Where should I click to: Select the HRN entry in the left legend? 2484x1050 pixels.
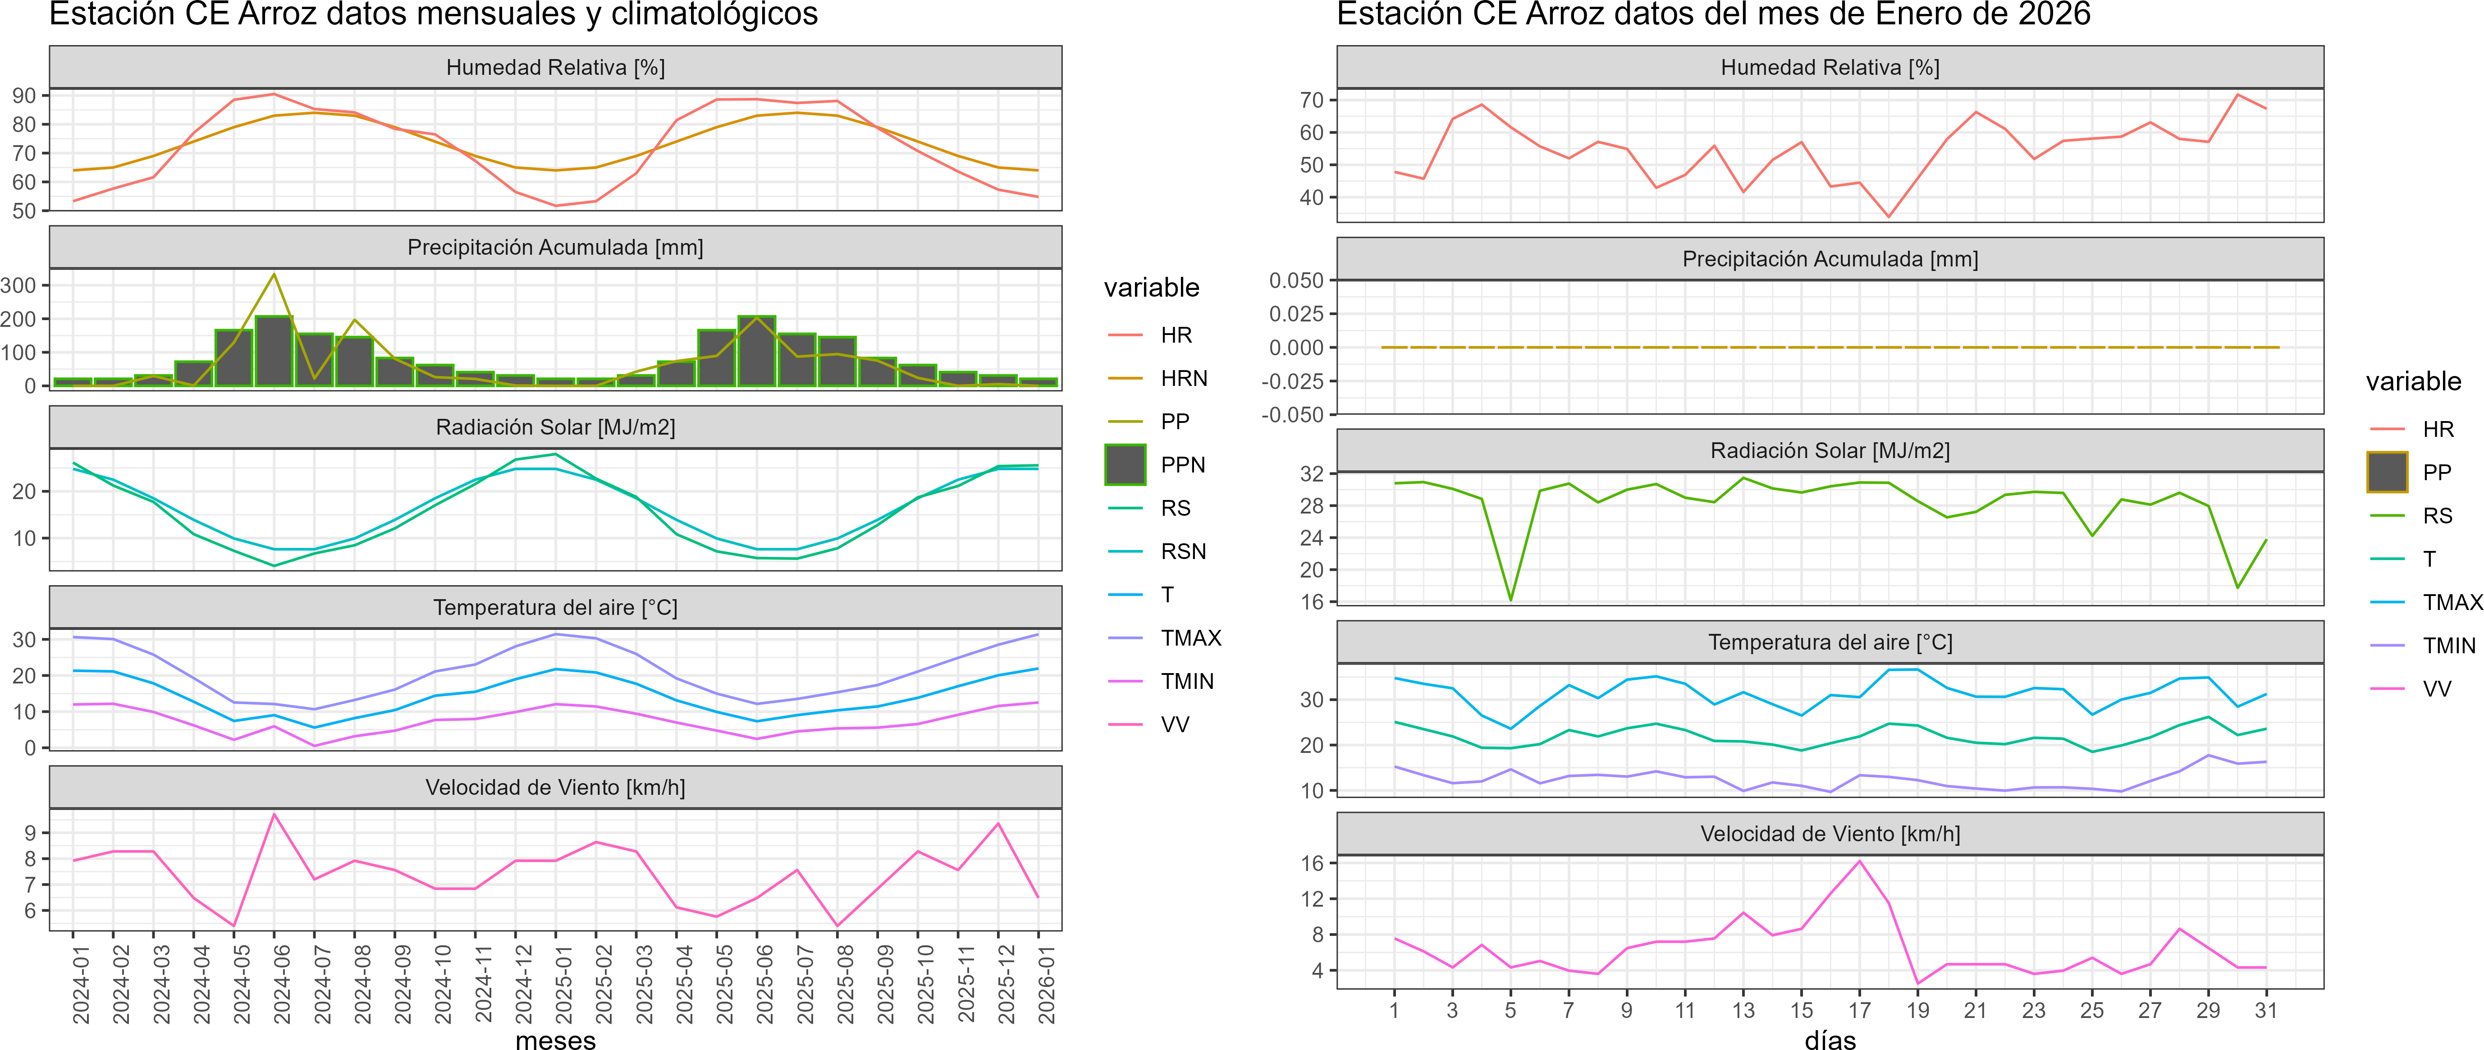(1183, 378)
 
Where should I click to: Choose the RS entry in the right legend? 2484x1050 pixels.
(2437, 516)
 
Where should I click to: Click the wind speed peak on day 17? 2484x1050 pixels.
(1859, 861)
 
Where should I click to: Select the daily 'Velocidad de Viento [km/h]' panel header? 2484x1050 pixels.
(1829, 834)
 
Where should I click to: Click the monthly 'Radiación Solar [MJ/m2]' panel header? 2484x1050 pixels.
(555, 427)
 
